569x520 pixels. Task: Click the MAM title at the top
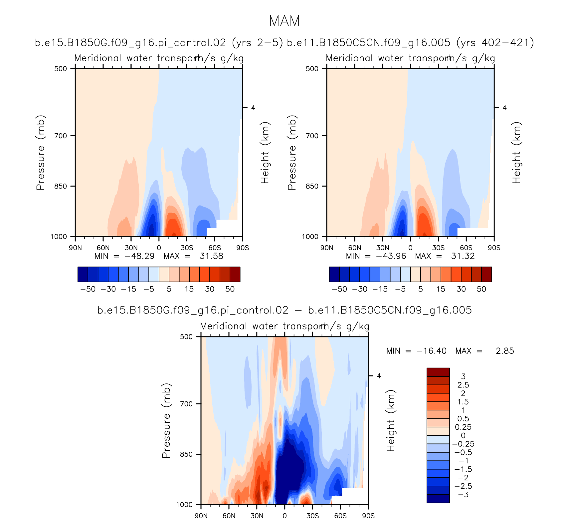point(284,21)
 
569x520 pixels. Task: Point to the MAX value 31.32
point(463,256)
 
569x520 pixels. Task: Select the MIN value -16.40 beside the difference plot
point(431,351)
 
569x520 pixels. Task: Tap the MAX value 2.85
point(505,351)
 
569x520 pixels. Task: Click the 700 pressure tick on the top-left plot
point(61,136)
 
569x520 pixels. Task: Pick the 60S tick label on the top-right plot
point(466,248)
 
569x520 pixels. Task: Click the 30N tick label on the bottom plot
point(257,516)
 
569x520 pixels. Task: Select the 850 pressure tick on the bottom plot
point(186,454)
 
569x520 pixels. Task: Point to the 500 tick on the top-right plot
point(312,69)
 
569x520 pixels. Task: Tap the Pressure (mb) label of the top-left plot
point(40,153)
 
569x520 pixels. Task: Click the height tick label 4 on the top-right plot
point(504,108)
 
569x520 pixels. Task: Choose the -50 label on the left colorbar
point(88,289)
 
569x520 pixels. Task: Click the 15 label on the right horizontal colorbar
point(441,289)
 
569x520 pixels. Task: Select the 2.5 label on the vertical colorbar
point(463,385)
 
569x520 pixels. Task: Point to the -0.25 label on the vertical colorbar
point(463,444)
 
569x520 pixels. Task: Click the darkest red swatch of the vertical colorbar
point(438,372)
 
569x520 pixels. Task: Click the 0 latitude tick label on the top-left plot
point(159,248)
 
